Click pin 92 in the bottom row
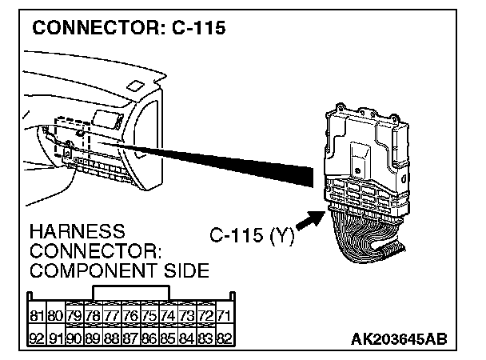(36, 338)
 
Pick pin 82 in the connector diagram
(225, 338)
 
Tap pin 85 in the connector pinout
(167, 338)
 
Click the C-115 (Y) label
(253, 236)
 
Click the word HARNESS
(77, 232)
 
